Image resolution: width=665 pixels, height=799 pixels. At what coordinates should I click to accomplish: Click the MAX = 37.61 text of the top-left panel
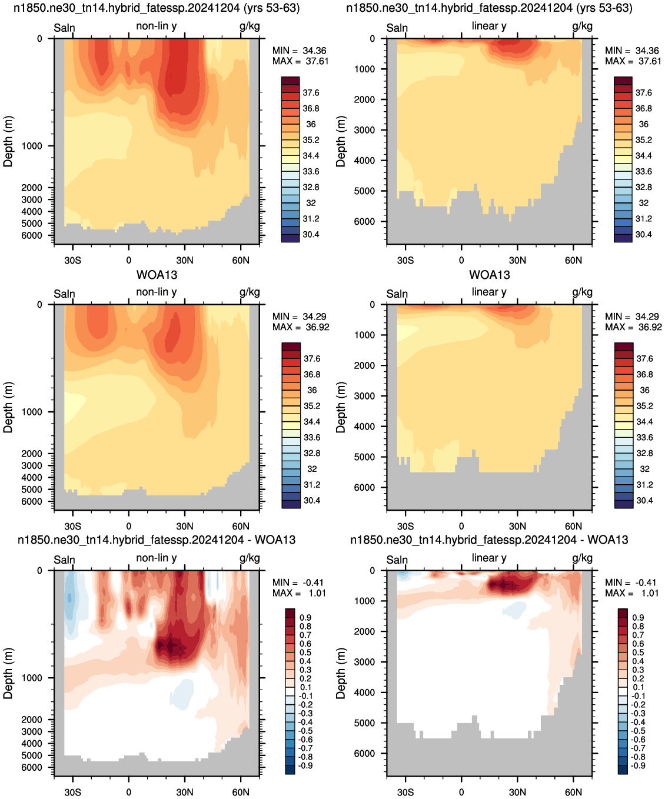300,61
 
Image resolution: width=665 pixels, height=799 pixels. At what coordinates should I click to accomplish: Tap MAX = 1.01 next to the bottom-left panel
299,593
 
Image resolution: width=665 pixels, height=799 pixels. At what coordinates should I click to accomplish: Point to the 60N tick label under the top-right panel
573,260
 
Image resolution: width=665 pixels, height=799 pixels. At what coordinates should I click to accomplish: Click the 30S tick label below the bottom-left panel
72,792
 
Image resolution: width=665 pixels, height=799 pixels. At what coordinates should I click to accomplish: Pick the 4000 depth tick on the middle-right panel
364,427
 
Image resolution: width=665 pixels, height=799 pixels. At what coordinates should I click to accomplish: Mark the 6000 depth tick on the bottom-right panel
364,754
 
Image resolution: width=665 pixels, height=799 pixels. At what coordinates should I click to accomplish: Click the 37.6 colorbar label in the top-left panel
311,93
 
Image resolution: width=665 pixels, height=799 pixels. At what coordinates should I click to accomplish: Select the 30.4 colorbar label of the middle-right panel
644,501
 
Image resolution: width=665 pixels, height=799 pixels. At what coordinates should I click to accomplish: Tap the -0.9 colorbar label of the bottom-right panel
637,765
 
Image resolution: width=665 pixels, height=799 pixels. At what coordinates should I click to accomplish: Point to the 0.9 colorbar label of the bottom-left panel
305,618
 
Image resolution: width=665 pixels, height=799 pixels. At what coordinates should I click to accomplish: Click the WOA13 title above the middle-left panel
157,275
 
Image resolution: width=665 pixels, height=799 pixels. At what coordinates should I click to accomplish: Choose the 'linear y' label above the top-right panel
489,26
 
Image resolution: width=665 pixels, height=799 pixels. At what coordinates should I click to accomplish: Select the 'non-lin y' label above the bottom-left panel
156,558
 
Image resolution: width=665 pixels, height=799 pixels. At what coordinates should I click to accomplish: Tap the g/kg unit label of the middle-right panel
582,292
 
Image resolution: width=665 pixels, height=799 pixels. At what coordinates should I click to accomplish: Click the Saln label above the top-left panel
64,28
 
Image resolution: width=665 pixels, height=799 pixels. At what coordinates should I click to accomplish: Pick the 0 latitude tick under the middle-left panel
129,526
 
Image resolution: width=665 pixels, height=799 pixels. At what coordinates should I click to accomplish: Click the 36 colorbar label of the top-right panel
644,124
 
